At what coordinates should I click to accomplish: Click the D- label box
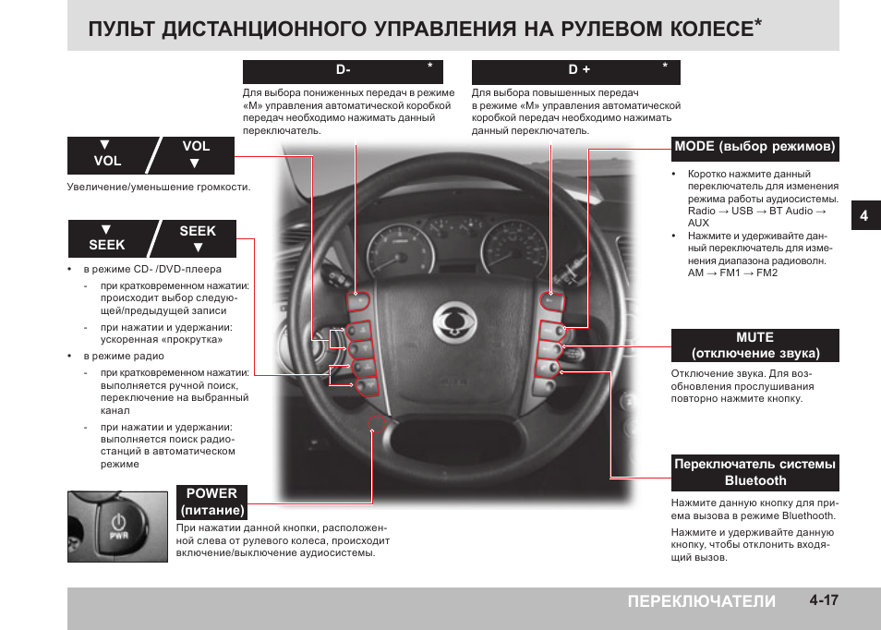(x=343, y=71)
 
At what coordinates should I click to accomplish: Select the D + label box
(x=575, y=71)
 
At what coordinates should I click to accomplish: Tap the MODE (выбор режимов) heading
(x=754, y=146)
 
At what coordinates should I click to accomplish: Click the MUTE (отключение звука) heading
(x=754, y=345)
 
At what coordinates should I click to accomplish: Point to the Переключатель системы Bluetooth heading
(x=754, y=472)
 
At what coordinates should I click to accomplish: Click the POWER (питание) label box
(x=212, y=502)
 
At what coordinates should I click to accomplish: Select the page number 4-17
(x=823, y=600)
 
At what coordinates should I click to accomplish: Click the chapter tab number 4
(x=863, y=215)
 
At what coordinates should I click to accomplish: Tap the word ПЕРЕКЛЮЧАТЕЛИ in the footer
(x=701, y=601)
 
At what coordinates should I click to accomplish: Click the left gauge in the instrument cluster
(x=401, y=253)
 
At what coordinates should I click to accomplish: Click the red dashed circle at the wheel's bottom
(x=377, y=426)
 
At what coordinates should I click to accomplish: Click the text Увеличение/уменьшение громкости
(x=158, y=187)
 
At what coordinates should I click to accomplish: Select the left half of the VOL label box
(x=107, y=154)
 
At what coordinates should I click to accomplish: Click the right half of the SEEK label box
(x=198, y=238)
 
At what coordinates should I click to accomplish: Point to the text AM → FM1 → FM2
(x=732, y=273)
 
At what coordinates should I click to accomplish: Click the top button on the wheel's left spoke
(x=359, y=301)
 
